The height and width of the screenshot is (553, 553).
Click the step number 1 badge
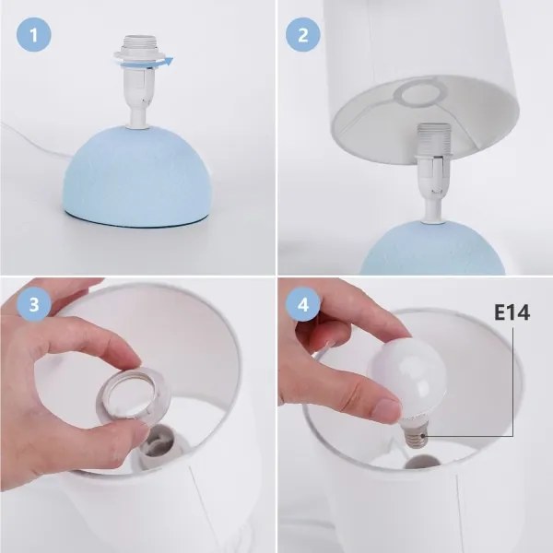34,37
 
